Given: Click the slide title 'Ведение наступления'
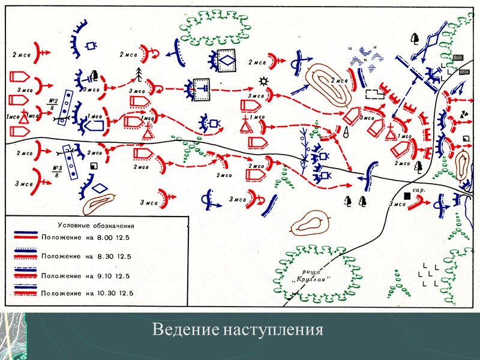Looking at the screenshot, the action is coord(238,330).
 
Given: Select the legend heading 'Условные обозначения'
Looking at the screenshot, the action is coord(95,226).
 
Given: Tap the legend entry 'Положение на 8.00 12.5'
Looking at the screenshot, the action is coord(87,236).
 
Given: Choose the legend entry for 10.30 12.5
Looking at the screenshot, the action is coord(87,293).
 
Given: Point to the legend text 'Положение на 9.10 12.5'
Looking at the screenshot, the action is coord(87,275).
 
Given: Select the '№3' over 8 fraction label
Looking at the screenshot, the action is coord(58,171).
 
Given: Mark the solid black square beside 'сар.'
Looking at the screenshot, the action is coord(407,196).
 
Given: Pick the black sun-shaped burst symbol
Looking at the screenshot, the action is coord(262,81).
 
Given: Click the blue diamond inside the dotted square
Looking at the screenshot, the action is coord(227,61).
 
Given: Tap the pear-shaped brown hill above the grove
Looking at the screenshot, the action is coord(308,223).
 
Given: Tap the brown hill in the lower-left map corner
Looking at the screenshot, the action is coord(98,202).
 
